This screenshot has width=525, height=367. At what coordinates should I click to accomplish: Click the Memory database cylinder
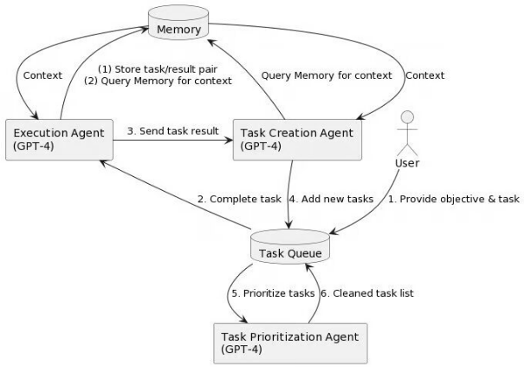coord(178,23)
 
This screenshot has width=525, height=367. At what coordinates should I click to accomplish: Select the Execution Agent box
coord(59,140)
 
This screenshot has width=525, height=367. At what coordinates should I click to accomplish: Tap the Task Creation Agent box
coord(297,140)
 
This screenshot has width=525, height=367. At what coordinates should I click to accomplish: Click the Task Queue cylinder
coord(290,246)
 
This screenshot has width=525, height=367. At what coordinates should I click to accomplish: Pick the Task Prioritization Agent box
coord(290,344)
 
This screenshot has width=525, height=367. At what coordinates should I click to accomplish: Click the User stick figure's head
coord(407,118)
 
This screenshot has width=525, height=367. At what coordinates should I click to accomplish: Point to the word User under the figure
coord(407,163)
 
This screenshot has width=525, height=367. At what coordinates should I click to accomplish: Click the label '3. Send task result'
coord(172,131)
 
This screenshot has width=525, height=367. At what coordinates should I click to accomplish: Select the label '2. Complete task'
coord(239,199)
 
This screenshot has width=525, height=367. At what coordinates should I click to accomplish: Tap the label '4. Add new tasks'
coord(331,199)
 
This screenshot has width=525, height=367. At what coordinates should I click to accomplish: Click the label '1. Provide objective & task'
coord(454,199)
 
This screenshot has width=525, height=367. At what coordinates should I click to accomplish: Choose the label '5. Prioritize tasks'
coord(273,293)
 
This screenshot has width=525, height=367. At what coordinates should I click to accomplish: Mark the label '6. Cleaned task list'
coord(367,293)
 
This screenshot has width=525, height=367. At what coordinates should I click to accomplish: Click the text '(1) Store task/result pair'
coord(158,69)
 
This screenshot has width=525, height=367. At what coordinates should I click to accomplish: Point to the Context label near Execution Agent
coord(42,75)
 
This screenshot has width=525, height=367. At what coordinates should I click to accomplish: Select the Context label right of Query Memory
coord(425,75)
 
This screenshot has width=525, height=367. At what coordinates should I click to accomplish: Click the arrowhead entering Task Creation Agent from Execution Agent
coord(229,140)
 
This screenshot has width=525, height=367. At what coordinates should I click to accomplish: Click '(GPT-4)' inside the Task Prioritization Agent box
coord(242,350)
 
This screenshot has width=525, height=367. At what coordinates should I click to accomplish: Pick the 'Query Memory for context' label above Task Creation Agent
coord(327,75)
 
